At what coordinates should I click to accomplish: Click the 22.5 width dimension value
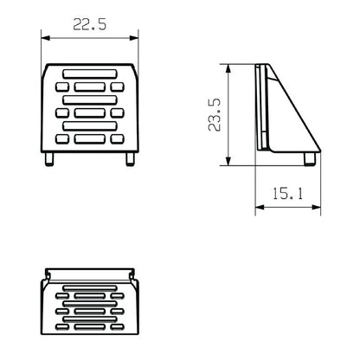(x=89, y=25)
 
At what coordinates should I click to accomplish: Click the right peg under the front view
(x=128, y=158)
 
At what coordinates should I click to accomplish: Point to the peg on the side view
(x=308, y=158)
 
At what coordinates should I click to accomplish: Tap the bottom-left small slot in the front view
(x=61, y=138)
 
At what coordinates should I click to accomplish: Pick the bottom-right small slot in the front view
(x=118, y=138)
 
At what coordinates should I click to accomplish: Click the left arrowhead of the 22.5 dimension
(x=45, y=37)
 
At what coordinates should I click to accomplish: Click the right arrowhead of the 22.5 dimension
(x=135, y=37)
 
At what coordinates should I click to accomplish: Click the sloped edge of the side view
(x=294, y=108)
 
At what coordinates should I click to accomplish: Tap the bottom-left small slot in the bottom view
(x=61, y=328)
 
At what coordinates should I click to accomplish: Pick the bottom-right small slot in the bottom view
(x=118, y=328)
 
